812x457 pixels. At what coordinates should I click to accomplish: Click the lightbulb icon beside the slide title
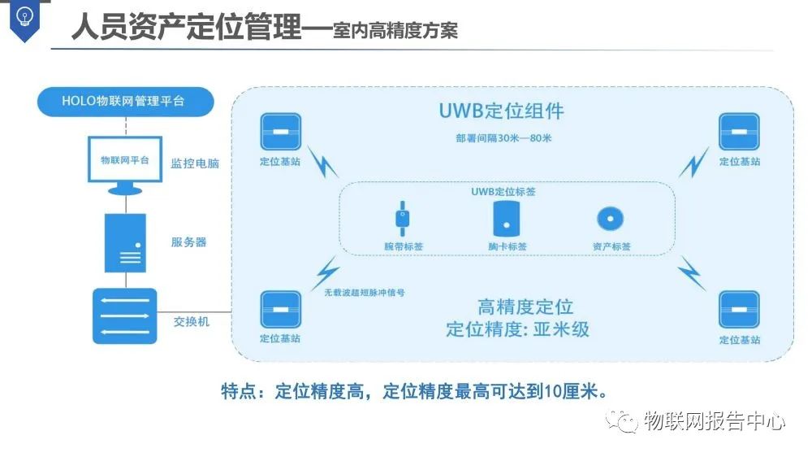[25, 17]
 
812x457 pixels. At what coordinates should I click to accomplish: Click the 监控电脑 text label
[195, 163]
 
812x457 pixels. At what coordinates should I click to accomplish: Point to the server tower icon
[125, 242]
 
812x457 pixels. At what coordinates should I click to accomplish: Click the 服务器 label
[189, 242]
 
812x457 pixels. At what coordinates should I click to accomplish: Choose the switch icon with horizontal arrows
[125, 316]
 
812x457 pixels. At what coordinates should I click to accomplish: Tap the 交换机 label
[192, 321]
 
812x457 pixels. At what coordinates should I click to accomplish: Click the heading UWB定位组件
[501, 111]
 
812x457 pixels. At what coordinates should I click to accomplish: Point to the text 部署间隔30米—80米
[503, 137]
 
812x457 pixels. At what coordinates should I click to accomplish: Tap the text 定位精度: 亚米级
[518, 329]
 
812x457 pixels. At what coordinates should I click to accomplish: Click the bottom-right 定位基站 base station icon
[739, 310]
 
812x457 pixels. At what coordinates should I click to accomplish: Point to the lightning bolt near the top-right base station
[693, 163]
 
